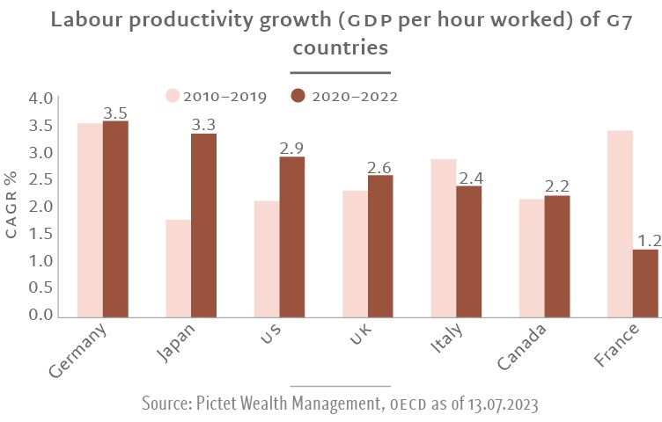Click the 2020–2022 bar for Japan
(x=203, y=224)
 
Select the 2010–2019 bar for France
(x=620, y=222)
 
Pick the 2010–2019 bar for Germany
(x=90, y=219)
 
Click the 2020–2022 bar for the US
(x=292, y=236)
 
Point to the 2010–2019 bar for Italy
(x=444, y=236)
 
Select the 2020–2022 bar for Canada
(x=556, y=255)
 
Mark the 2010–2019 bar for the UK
(x=355, y=252)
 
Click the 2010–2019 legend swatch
(x=173, y=96)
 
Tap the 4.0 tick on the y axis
(x=42, y=98)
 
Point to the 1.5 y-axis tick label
(x=42, y=234)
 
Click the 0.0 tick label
(x=42, y=315)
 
